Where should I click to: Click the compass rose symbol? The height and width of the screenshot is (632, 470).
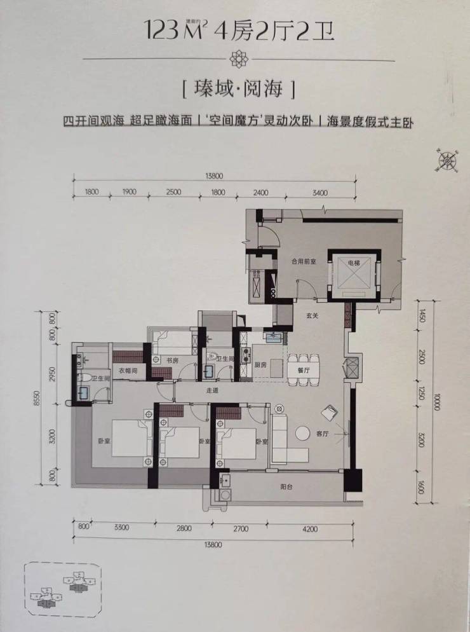[448, 161]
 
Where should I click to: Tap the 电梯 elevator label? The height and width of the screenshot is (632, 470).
[353, 263]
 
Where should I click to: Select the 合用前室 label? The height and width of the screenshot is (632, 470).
[303, 261]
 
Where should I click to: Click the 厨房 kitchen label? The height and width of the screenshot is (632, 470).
[259, 366]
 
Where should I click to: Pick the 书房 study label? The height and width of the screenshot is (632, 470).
[172, 359]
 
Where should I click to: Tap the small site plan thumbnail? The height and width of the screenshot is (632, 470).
[63, 589]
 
